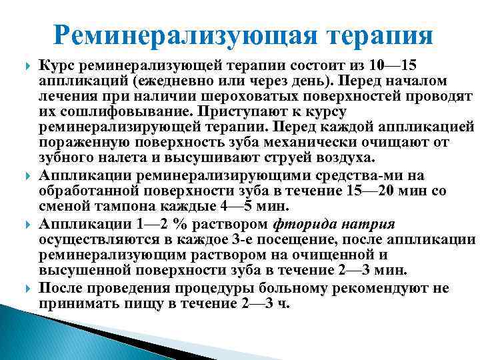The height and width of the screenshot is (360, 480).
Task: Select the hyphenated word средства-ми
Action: pyautogui.click(x=374, y=174)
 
